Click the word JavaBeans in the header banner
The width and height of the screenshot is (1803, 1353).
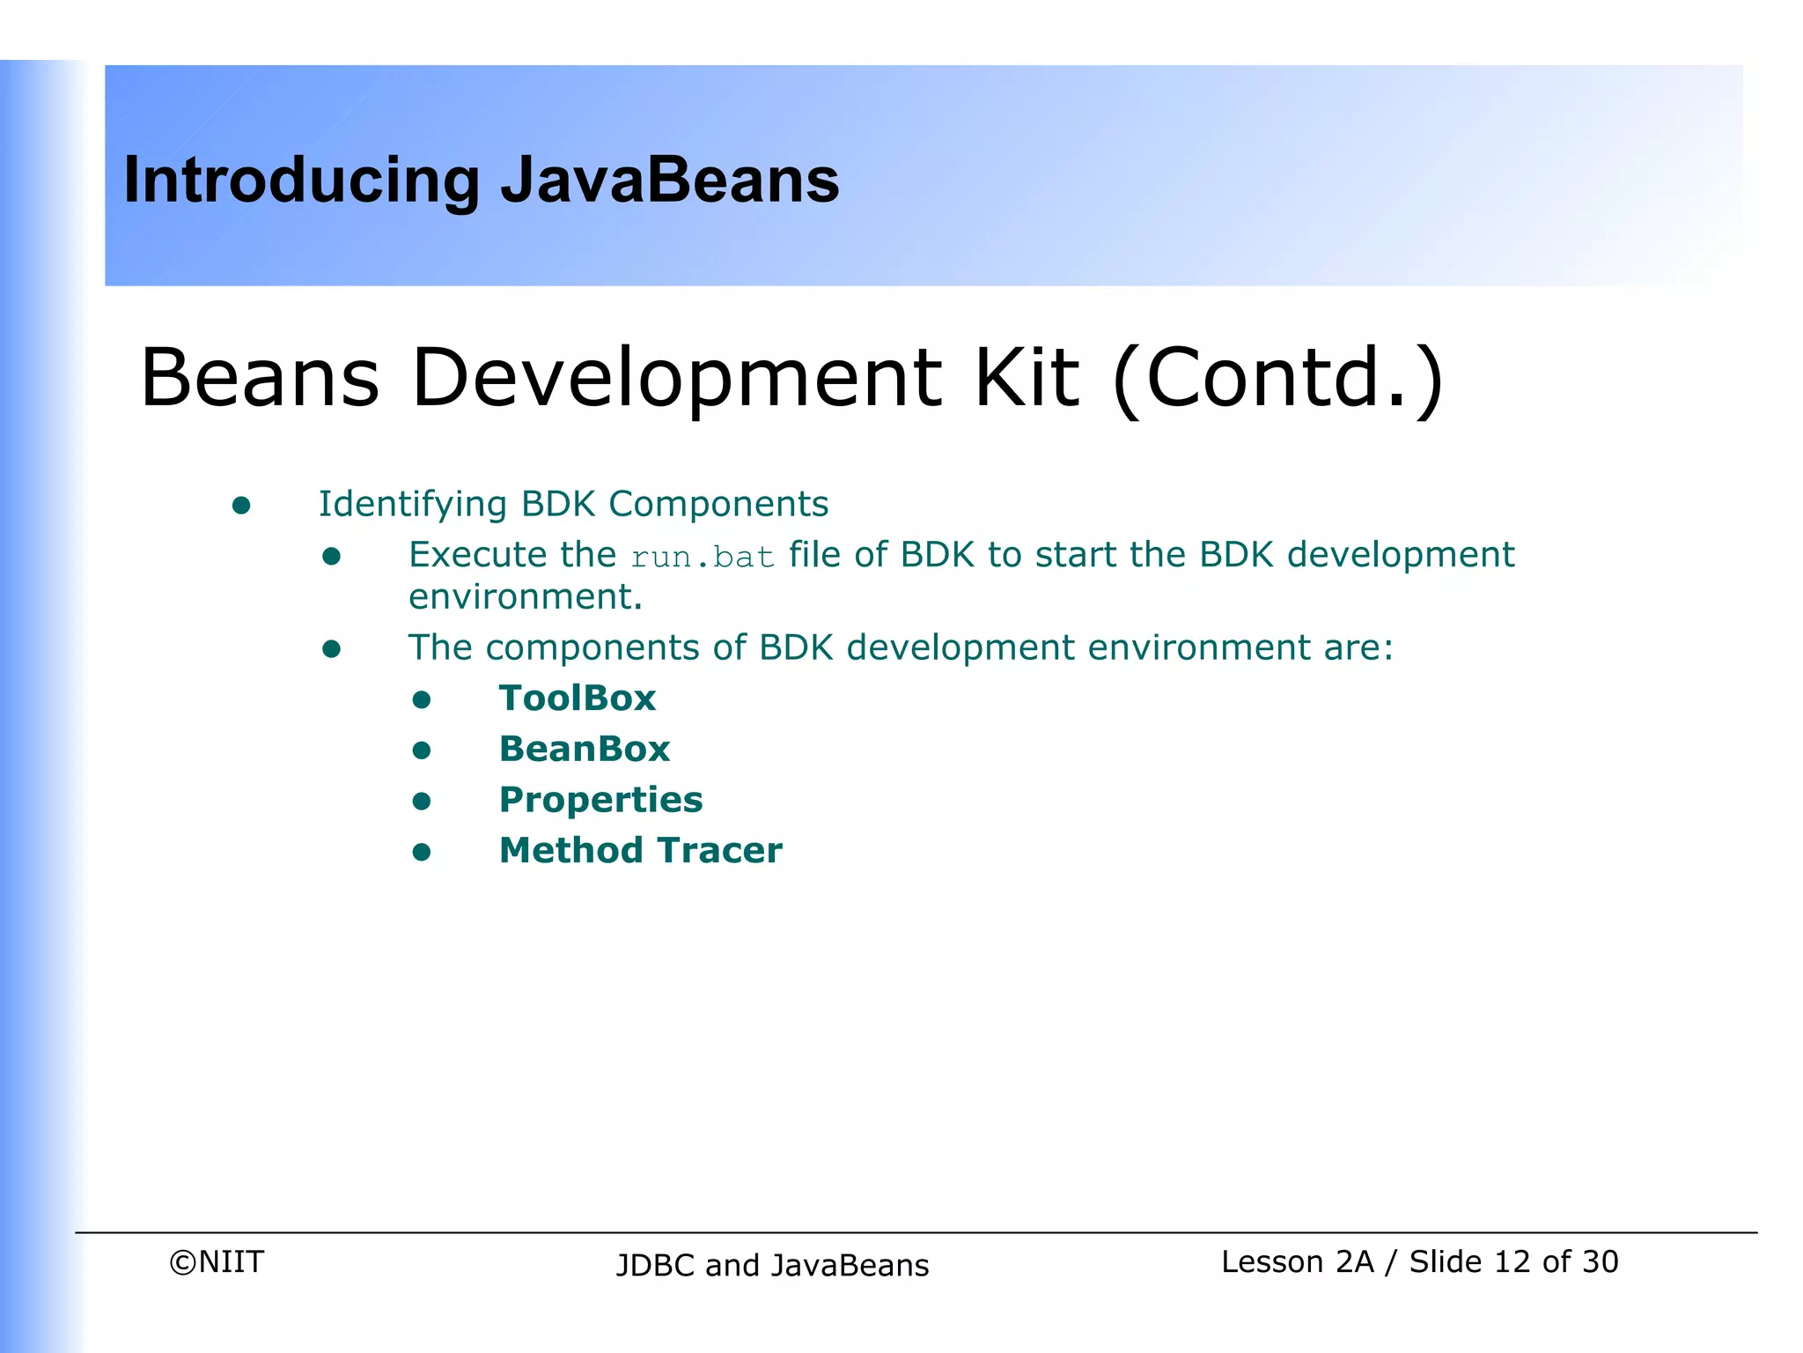(x=669, y=181)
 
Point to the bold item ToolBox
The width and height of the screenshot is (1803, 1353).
(x=577, y=699)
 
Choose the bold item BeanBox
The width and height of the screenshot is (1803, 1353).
(x=584, y=750)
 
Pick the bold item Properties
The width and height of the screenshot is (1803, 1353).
(x=600, y=800)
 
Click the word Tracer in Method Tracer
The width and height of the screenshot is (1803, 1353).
(x=719, y=851)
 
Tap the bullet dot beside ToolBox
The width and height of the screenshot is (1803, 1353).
(x=422, y=700)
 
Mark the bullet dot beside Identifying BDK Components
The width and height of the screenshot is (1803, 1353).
(x=241, y=506)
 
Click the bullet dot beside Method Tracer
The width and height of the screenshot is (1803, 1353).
(x=422, y=852)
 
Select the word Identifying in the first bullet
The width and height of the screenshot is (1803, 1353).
(x=412, y=505)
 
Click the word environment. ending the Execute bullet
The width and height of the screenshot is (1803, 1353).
(x=526, y=597)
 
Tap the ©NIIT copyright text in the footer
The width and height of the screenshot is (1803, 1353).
(x=217, y=1262)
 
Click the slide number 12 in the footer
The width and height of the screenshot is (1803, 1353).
(x=1512, y=1262)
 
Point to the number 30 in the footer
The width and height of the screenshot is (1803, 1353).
(x=1600, y=1262)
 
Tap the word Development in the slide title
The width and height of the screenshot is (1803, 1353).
(x=676, y=379)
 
